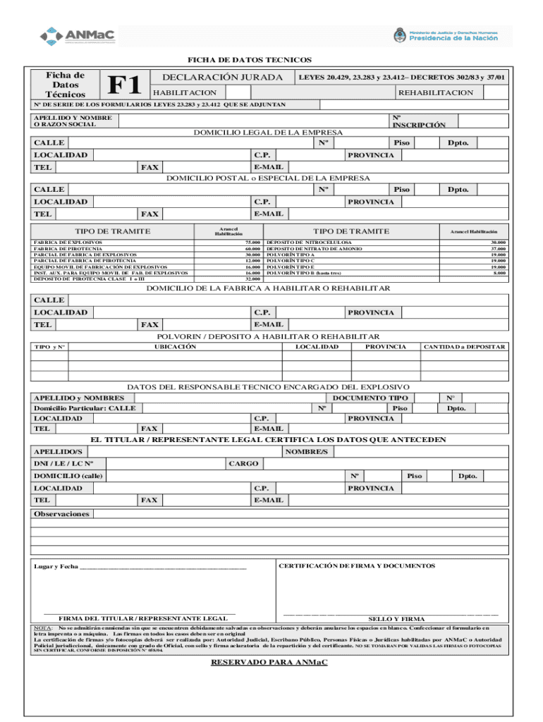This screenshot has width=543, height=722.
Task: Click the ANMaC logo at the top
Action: coord(78,35)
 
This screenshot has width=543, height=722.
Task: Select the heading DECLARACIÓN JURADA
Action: coord(223,77)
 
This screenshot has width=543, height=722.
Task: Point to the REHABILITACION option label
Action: coord(436,93)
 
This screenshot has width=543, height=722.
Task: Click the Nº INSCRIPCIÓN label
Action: coord(419,121)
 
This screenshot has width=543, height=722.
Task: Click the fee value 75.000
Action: coord(252,243)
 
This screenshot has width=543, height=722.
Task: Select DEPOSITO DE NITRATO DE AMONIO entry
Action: coord(315,249)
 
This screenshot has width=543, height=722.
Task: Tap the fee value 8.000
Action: coord(499,273)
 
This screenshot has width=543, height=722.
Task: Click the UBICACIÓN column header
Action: coord(175,347)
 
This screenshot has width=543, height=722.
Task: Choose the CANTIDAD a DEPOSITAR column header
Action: coord(464,347)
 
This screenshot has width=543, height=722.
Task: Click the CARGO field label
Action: coord(244,464)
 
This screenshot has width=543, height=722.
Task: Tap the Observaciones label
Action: coord(62,514)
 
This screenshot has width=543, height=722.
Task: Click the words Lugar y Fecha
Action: coord(56,567)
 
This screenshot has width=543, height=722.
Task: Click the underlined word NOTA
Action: coord(42,627)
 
